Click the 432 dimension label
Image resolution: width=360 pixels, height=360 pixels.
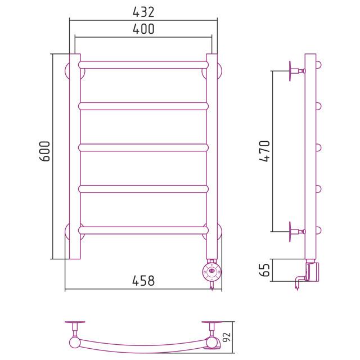click(143, 12)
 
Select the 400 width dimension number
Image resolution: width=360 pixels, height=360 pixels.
click(143, 29)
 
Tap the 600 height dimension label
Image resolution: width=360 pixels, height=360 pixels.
click(44, 151)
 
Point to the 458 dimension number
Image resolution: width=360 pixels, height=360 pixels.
click(143, 281)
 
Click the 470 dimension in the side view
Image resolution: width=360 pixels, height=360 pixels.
click(264, 151)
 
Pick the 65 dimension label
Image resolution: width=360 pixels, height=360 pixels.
click(264, 270)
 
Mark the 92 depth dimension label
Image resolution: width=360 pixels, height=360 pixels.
click(227, 337)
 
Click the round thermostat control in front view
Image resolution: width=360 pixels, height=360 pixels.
click(211, 272)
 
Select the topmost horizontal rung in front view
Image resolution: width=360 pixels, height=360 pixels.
click(143, 65)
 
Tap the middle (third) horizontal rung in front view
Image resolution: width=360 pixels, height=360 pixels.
click(143, 147)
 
